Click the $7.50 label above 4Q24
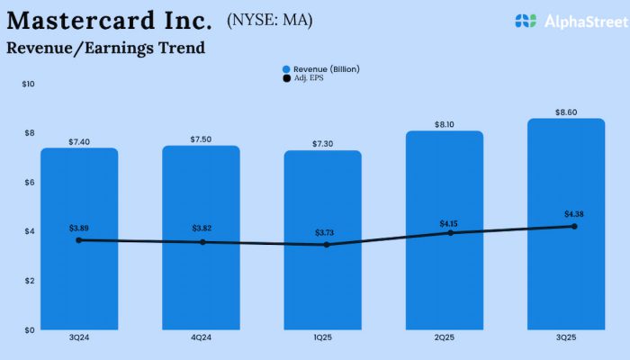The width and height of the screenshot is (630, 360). pos(201,139)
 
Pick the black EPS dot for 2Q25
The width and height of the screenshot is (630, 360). pos(445,233)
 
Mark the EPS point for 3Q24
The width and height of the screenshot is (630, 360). pos(79,240)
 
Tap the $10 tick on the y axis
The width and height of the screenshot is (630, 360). pos(29,85)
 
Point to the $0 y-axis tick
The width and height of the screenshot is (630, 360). pos(29,329)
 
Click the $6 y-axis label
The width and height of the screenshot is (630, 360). pos(29,183)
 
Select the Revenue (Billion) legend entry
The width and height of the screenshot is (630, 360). pos(320,69)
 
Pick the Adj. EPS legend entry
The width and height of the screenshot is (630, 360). pos(306,78)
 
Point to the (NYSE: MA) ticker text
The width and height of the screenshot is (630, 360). pos(270,19)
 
